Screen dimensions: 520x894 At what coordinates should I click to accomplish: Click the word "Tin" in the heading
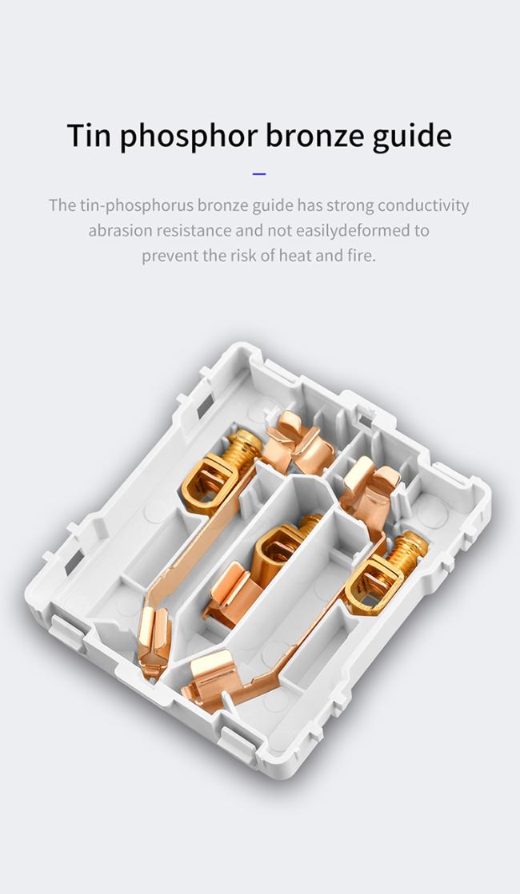[88, 136]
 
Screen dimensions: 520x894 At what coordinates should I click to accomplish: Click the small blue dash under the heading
[259, 173]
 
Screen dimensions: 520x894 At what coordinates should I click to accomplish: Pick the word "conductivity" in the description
[423, 206]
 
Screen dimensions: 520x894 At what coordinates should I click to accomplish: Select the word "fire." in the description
[361, 256]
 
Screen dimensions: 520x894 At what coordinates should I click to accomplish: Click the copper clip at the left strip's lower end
[154, 642]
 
